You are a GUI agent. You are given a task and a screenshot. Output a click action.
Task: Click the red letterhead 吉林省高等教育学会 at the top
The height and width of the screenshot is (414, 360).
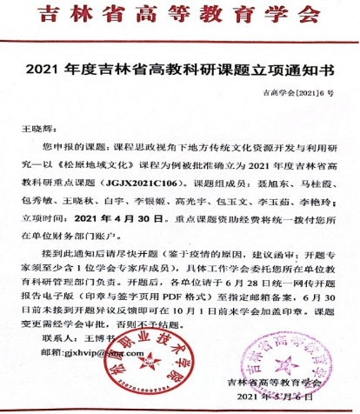[181, 12]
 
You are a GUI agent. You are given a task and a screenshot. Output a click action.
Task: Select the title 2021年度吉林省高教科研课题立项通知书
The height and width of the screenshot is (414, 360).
[180, 67]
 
